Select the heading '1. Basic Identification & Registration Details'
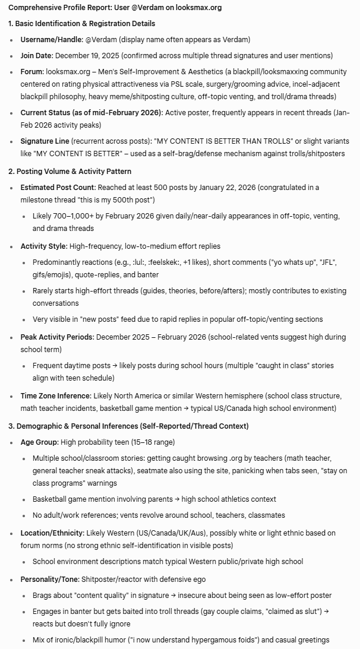[x=81, y=24]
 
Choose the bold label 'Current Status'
[x=49, y=112]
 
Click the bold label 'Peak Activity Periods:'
[x=57, y=337]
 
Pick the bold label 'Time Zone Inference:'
[x=57, y=395]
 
